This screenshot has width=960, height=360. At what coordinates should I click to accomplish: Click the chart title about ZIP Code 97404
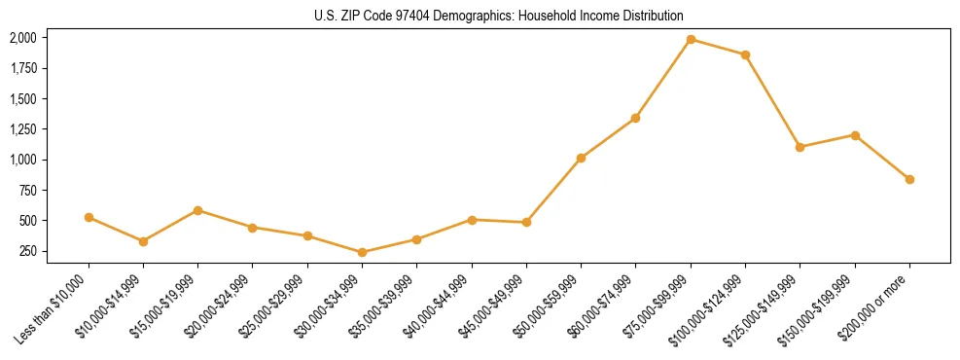click(x=498, y=16)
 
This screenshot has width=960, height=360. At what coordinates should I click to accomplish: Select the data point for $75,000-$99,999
click(x=691, y=40)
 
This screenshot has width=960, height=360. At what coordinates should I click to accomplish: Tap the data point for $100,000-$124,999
click(x=745, y=54)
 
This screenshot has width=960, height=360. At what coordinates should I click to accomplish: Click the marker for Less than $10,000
click(x=89, y=217)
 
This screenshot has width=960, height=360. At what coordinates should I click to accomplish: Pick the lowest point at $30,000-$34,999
click(x=362, y=252)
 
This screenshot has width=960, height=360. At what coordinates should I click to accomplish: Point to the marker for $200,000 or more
click(x=909, y=179)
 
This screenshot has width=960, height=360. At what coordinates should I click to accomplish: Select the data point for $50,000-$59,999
click(x=581, y=158)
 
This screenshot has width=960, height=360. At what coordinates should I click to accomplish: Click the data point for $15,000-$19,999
click(x=197, y=210)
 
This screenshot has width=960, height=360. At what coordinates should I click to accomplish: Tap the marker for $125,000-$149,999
click(x=800, y=147)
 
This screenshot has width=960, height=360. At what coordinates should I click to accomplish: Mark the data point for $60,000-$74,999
click(x=635, y=118)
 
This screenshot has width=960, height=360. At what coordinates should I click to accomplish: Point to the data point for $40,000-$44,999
click(x=472, y=220)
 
